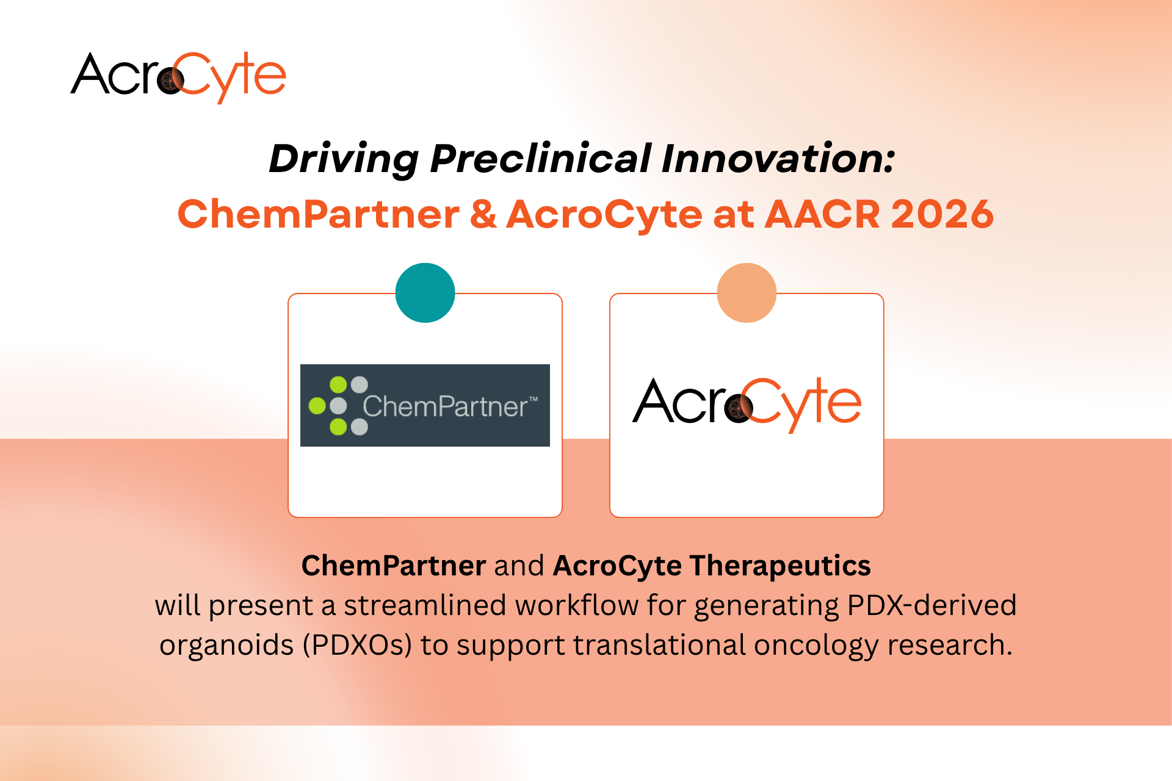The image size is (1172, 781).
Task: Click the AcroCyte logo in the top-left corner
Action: click(178, 77)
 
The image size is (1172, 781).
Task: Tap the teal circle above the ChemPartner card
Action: click(425, 293)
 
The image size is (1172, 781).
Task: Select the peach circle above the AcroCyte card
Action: click(747, 293)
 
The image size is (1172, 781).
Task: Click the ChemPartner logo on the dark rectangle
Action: click(425, 405)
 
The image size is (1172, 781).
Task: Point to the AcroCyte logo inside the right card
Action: click(747, 405)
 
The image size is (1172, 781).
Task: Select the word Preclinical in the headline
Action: click(540, 159)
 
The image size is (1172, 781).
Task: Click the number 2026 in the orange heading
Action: click(942, 214)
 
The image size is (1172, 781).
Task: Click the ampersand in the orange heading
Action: click(483, 214)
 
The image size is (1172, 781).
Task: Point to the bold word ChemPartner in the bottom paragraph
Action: click(394, 566)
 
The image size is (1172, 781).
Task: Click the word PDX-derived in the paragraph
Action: click(932, 605)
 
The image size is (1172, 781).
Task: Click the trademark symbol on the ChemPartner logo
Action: click(533, 399)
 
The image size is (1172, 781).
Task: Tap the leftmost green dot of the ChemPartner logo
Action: click(317, 406)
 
